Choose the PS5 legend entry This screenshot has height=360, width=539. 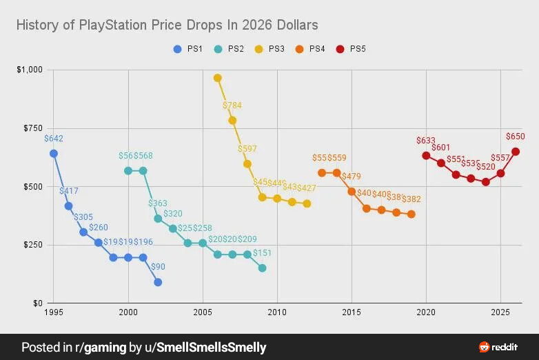351,49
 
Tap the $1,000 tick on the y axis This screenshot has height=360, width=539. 29,70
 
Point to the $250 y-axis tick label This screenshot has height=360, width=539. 32,245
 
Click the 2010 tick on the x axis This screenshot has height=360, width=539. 277,312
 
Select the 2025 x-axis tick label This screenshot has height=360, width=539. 500,312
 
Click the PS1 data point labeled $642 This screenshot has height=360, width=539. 54,153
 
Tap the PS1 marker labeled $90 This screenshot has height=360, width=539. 158,282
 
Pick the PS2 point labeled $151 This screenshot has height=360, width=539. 262,268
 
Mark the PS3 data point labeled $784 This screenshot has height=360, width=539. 232,120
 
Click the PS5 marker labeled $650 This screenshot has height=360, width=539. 515,152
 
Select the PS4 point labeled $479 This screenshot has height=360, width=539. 352,191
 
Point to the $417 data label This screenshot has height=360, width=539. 69,191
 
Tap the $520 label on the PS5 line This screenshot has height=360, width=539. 485,167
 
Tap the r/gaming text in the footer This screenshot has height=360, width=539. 104,347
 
